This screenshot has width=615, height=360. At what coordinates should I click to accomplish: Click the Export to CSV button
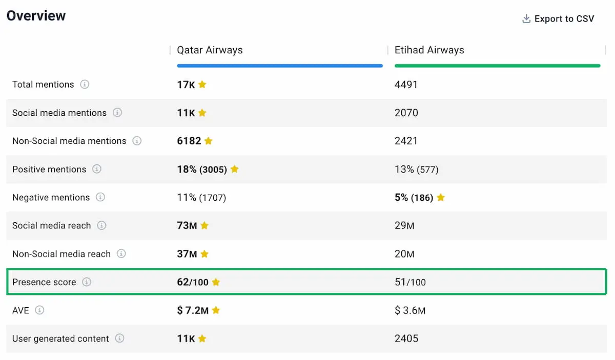558,19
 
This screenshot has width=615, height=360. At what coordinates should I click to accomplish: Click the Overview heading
36,16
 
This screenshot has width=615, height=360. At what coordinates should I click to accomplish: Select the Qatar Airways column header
210,50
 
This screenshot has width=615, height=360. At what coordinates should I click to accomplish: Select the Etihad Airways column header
429,50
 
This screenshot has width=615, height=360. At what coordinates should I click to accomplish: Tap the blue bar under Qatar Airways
279,66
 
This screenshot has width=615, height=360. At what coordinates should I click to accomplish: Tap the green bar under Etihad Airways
497,66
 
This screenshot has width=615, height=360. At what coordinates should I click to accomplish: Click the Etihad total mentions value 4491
406,84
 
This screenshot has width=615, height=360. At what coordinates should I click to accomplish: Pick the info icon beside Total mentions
85,84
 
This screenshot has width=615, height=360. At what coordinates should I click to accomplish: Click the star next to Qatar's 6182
208,141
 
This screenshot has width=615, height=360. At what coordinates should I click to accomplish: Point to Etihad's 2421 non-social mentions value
406,141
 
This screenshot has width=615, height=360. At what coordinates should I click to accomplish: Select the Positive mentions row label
49,169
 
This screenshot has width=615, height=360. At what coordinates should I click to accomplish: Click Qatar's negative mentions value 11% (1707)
201,198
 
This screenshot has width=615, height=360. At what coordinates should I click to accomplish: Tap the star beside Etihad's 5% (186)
440,198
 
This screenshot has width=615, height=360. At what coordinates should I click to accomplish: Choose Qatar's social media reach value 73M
187,225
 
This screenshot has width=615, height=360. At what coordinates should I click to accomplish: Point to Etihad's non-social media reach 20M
404,254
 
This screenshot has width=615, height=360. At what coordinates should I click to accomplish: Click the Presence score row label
44,282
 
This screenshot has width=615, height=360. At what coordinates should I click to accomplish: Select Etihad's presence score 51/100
410,282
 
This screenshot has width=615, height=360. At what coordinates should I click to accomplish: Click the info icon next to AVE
39,310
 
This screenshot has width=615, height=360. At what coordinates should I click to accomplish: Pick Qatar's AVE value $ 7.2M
193,310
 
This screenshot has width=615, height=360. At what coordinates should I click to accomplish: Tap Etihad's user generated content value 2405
406,338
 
